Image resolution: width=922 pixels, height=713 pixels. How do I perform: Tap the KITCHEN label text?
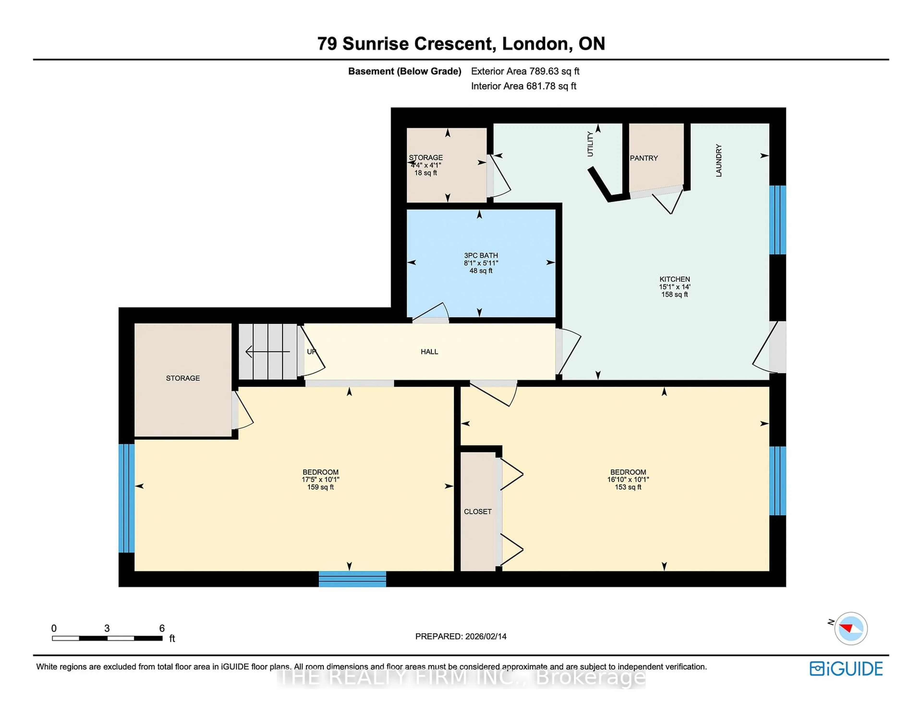675,279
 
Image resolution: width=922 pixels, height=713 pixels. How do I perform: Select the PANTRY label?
644,158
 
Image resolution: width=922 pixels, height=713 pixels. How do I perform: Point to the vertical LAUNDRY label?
719,160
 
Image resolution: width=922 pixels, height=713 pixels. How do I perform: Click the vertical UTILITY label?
590,144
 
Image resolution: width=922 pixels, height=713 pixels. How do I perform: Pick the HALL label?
429,351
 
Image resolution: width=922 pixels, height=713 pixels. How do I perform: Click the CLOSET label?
478,511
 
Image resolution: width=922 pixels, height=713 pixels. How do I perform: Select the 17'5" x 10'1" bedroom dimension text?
321,480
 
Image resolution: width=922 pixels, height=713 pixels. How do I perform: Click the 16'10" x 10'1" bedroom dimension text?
628,480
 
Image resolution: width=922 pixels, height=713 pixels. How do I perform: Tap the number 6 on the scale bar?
162,628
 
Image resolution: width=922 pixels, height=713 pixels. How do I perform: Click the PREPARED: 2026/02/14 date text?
461,636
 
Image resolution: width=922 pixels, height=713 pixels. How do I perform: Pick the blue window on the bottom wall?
352,579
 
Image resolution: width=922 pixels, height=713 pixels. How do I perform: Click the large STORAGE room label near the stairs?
183,378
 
